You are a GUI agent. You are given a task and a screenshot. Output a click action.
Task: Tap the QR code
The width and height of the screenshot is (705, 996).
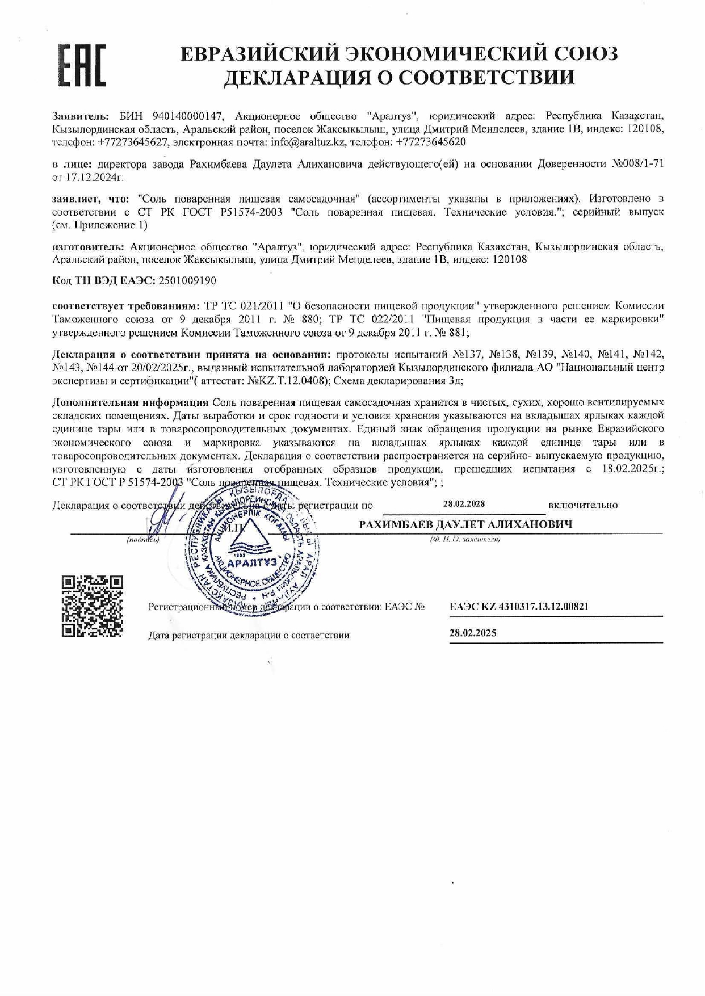pos(92,606)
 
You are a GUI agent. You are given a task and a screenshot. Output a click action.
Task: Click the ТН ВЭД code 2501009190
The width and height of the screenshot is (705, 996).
pos(187,280)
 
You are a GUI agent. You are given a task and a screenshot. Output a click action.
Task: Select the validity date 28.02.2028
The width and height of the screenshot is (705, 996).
pos(464,503)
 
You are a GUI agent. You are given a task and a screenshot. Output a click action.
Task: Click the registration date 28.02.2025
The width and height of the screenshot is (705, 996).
pos(473,633)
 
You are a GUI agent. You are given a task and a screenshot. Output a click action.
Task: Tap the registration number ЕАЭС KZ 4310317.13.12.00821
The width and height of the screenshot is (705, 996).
pos(519,606)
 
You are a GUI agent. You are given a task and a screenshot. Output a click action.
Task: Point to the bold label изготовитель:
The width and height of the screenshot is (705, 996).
pos(87,247)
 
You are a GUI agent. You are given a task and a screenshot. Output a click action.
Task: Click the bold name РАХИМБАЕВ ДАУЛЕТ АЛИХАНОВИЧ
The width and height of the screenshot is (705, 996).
pos(465,524)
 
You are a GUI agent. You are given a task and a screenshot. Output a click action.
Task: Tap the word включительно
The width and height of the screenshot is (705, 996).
pos(583,505)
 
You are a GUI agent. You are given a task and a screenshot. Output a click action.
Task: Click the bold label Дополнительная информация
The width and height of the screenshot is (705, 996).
pos(131,402)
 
